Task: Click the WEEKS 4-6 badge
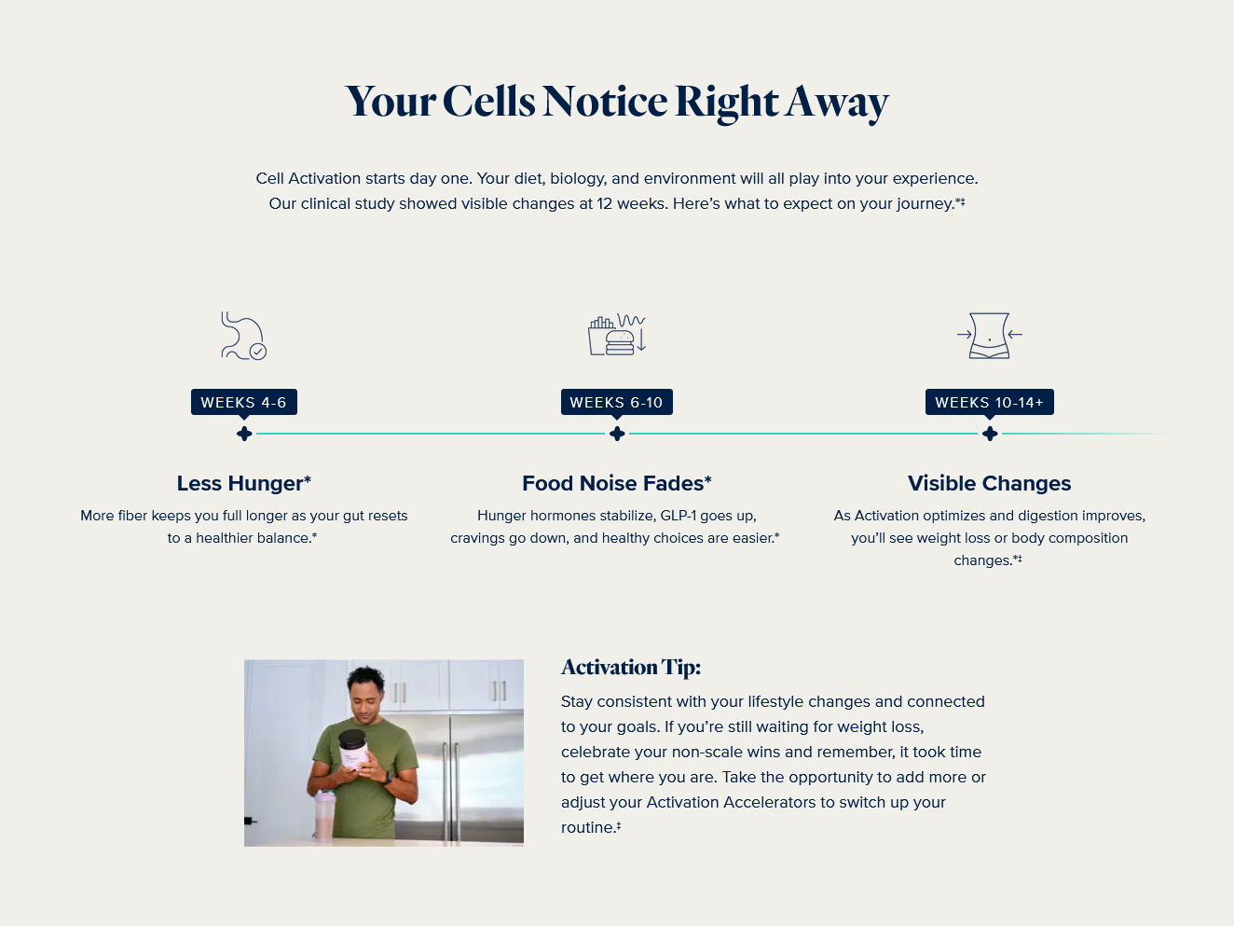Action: click(x=244, y=402)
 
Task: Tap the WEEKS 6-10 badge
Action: click(x=617, y=402)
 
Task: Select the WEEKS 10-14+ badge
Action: click(x=990, y=402)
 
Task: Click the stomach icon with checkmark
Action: click(x=243, y=336)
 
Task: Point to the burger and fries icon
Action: click(x=617, y=335)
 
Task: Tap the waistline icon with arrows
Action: click(x=990, y=336)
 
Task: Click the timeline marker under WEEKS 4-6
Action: click(x=244, y=434)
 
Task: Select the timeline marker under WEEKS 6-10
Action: click(x=617, y=434)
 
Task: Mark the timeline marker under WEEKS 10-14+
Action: click(x=990, y=434)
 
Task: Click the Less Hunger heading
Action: click(x=244, y=483)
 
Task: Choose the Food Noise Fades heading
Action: click(x=617, y=483)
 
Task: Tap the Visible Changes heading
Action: click(x=990, y=483)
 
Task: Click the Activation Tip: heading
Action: click(x=631, y=668)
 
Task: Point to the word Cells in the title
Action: click(x=488, y=102)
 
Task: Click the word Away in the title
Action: click(x=837, y=104)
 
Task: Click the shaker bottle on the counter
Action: click(x=325, y=815)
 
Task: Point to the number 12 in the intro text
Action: click(x=604, y=203)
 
